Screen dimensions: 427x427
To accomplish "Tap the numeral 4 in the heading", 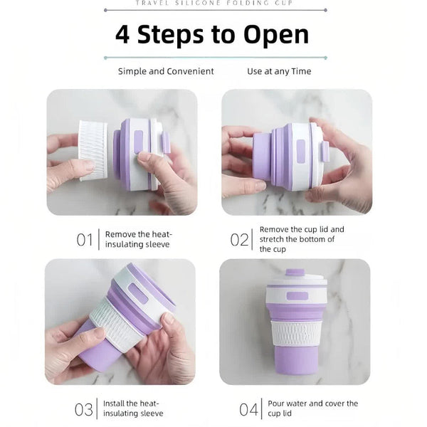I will tap(122, 35).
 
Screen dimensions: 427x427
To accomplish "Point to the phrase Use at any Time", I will tap(279, 71).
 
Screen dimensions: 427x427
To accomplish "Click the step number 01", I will tap(85, 240).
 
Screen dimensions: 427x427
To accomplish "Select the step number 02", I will tap(239, 240).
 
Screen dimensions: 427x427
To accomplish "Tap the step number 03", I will tap(84, 409).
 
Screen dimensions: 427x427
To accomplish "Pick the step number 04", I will tap(248, 409).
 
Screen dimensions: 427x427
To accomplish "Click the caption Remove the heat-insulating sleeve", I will tap(139, 239).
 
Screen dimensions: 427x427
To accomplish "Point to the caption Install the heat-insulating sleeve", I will tap(133, 408).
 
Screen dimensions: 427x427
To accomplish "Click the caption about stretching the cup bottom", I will tap(302, 239).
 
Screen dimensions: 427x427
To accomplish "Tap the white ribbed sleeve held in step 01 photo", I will tap(93, 151).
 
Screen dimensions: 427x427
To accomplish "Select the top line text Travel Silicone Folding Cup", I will tap(213, 4).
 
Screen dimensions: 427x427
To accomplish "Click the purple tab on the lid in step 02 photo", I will tap(325, 151).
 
